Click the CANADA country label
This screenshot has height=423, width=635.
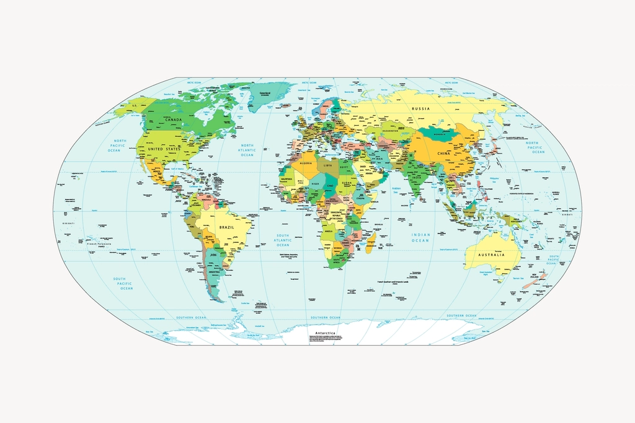coord(173,120)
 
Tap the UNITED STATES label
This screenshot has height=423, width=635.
coord(165,149)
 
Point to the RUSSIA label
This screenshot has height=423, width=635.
coord(421,108)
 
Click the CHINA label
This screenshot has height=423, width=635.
coord(443,153)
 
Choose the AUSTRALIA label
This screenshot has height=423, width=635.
coord(491,255)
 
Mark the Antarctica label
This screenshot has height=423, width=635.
coord(325,333)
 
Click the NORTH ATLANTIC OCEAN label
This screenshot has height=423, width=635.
coord(247,150)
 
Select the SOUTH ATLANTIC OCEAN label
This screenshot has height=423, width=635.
coord(283,240)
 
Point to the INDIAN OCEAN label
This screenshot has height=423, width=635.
coord(420,237)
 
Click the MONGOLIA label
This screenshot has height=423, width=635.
coord(440,134)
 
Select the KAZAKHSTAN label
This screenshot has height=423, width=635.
coord(390,131)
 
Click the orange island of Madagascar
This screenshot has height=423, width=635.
coord(371,242)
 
